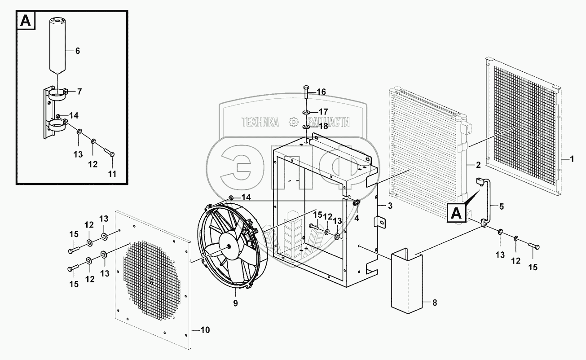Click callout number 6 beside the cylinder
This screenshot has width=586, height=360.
[77, 51]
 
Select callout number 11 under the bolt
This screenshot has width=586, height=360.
[112, 173]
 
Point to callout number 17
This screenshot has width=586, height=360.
[323, 112]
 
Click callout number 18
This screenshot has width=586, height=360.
[323, 127]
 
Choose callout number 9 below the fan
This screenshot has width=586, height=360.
[235, 303]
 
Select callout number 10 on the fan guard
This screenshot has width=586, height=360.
[205, 330]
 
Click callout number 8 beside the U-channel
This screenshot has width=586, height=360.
[434, 303]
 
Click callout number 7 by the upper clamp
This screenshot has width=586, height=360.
[79, 92]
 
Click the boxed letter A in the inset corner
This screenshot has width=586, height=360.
[26, 21]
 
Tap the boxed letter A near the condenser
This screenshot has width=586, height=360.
[456, 213]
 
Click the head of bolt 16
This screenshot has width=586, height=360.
[306, 87]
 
